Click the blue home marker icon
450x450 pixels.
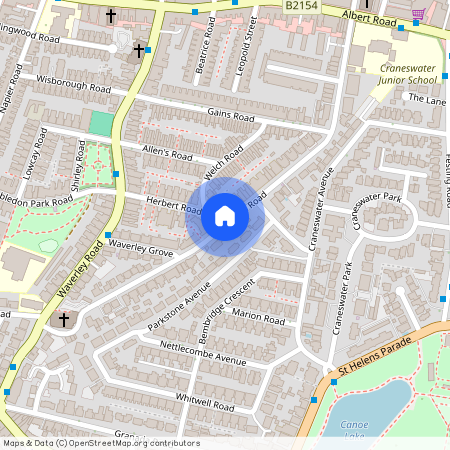[225, 216]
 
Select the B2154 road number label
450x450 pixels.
[301, 6]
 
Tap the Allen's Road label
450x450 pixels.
[167, 155]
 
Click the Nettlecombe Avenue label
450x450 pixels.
[203, 353]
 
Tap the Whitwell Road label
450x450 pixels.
[203, 402]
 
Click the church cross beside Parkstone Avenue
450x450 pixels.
[64, 320]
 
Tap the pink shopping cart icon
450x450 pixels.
[418, 12]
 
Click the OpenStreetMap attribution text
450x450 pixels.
[101, 442]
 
